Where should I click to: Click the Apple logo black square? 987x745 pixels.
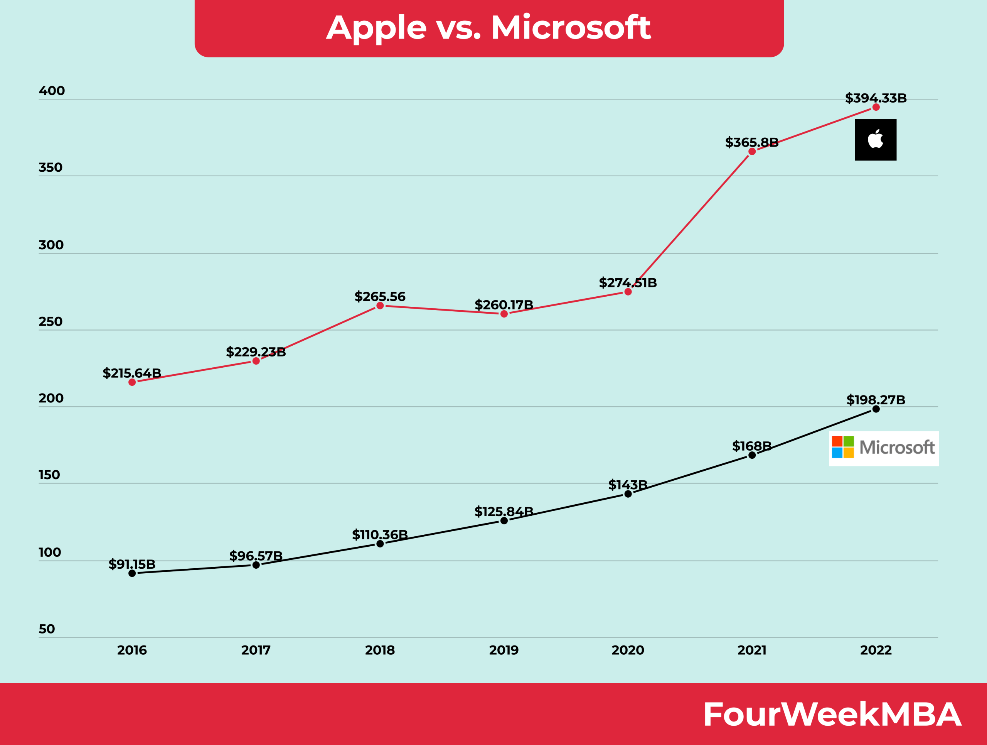tap(876, 140)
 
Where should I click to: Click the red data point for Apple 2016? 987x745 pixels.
tap(132, 382)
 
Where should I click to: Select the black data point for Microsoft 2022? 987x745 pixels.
tap(876, 409)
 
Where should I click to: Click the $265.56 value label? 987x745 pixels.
tap(380, 296)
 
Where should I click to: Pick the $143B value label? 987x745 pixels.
tap(627, 485)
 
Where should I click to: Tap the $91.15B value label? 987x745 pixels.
tap(132, 564)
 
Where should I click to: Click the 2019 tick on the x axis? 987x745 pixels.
tap(504, 650)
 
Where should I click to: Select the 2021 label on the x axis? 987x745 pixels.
tap(752, 650)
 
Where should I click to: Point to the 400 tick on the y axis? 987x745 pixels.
tap(52, 91)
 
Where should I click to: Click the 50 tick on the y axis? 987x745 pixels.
tap(47, 629)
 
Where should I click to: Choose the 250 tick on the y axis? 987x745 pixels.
tap(51, 322)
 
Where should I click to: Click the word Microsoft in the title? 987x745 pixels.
tap(571, 28)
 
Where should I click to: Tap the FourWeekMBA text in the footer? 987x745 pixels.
tap(832, 715)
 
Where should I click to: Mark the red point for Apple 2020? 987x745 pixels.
tap(628, 292)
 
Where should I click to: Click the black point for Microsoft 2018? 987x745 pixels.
tap(380, 544)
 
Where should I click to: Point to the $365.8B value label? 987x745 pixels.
tap(751, 142)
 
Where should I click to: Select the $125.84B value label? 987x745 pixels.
tap(504, 512)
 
